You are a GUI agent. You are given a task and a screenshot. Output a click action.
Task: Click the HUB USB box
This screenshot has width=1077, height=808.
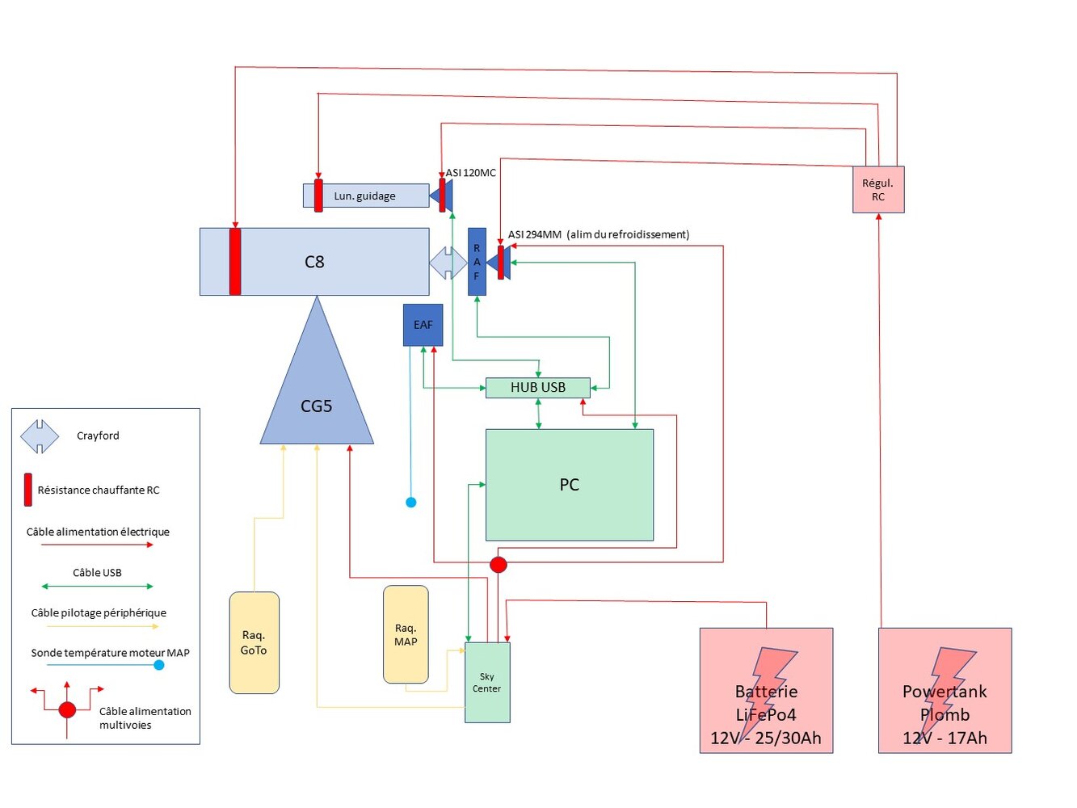pyautogui.click(x=537, y=388)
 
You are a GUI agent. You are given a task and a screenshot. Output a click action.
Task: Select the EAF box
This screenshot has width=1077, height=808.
pyautogui.click(x=423, y=325)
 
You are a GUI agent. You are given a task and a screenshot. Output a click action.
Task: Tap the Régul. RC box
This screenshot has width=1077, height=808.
pyautogui.click(x=878, y=190)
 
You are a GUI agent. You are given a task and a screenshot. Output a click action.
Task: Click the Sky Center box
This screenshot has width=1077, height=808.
pyautogui.click(x=487, y=683)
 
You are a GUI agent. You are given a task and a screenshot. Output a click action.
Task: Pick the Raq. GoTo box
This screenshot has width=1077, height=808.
pyautogui.click(x=254, y=643)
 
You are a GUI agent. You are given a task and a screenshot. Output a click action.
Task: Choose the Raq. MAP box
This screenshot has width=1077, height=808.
pyautogui.click(x=406, y=635)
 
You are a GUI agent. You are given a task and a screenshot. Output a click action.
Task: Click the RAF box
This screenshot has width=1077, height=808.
pyautogui.click(x=477, y=262)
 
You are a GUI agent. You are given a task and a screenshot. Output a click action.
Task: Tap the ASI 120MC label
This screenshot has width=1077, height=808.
pyautogui.click(x=471, y=173)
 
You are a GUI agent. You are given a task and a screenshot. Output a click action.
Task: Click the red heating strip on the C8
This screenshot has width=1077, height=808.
pyautogui.click(x=235, y=262)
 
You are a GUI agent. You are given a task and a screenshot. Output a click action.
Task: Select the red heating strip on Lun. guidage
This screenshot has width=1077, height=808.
pyautogui.click(x=318, y=196)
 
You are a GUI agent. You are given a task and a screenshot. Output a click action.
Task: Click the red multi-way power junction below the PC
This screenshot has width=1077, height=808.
pyautogui.click(x=499, y=565)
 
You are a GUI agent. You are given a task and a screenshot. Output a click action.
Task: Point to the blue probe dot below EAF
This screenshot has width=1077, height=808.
pyautogui.click(x=410, y=503)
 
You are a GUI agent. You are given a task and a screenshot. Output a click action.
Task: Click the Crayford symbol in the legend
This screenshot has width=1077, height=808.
pyautogui.click(x=40, y=436)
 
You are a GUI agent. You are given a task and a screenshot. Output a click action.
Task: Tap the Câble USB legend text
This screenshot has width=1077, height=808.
pyautogui.click(x=97, y=573)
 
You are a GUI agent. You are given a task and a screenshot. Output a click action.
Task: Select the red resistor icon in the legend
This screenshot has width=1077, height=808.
pyautogui.click(x=28, y=490)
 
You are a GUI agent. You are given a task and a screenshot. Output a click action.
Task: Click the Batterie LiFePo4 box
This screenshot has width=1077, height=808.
pyautogui.click(x=766, y=691)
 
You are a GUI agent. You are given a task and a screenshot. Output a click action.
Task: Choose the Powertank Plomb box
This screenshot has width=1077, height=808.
pyautogui.click(x=944, y=691)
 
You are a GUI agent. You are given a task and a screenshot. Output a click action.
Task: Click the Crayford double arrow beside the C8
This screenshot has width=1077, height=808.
pyautogui.click(x=448, y=263)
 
